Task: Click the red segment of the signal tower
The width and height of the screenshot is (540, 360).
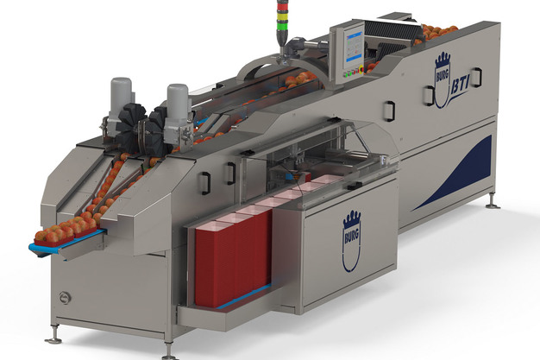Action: pos(280,9)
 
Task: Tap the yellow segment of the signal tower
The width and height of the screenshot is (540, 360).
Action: pos(280,17)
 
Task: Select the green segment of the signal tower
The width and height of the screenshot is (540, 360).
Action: pos(280,25)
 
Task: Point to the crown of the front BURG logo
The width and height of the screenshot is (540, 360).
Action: pos(352,220)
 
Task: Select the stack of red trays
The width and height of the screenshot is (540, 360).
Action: pos(234,258)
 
